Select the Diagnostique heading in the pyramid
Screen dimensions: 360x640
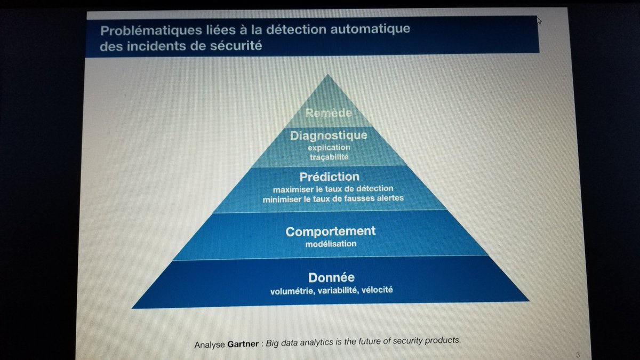[x=329, y=135]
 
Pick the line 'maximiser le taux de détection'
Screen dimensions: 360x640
[x=333, y=188]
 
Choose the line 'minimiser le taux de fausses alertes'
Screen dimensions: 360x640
[x=333, y=198]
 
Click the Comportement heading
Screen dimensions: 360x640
[x=331, y=231]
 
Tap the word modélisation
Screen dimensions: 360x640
[x=331, y=244]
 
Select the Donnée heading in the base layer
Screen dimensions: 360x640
[x=331, y=277]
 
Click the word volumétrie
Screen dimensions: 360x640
[x=291, y=290]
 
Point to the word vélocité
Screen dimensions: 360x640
[x=378, y=290]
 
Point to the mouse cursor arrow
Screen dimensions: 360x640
[x=539, y=20]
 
